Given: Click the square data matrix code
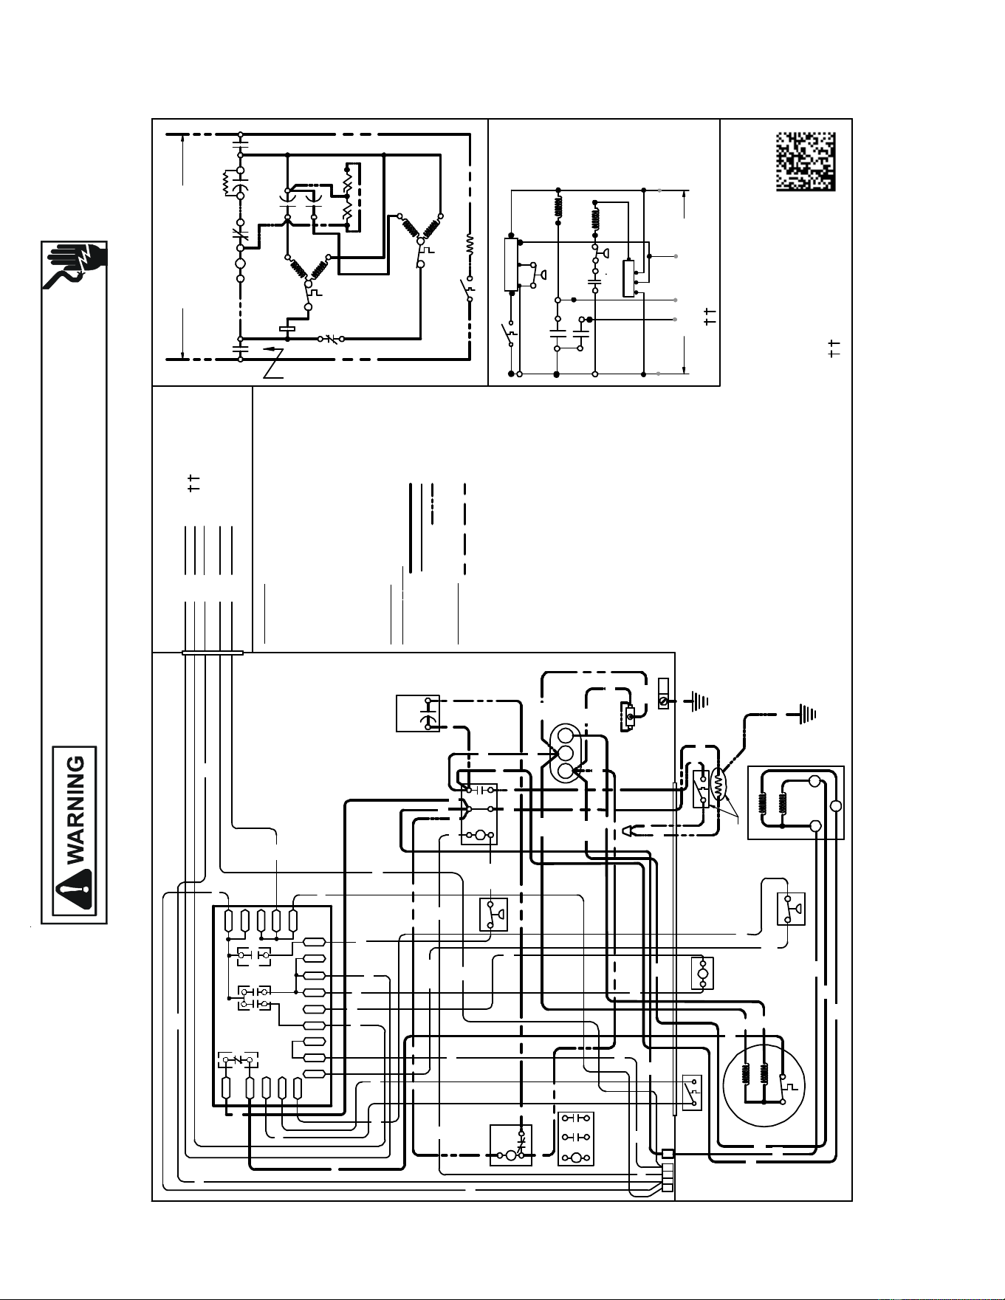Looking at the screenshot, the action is [x=806, y=162].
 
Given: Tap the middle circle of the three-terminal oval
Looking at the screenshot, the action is [x=566, y=754].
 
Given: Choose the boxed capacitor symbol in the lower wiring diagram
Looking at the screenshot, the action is [x=418, y=713].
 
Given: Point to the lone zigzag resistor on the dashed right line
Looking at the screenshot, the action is [x=470, y=244].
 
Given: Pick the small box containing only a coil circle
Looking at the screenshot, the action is [x=702, y=973].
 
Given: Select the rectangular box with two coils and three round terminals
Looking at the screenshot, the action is [x=796, y=802].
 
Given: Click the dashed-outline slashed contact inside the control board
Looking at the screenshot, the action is [x=238, y=1060].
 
